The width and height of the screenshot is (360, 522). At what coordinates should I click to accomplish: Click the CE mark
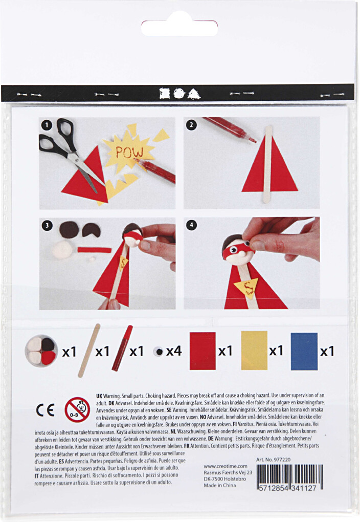pos(45,410)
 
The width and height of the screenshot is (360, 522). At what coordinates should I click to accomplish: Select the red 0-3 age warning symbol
pos(77,410)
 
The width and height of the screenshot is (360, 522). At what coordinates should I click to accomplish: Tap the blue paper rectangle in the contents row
pos(304,351)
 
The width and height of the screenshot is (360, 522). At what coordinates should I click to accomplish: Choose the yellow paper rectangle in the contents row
pos(254,351)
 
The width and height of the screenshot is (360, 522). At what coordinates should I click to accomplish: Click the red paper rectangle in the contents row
pos(202,351)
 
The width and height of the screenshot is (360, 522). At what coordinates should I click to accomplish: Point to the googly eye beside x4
pos(159,352)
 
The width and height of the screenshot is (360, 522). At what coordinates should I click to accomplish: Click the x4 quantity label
pos(173,352)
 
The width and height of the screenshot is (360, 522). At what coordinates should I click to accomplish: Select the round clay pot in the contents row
pos(41,351)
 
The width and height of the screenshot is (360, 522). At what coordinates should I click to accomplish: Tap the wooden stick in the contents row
pos(89,351)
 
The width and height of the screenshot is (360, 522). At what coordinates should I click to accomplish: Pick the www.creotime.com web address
pos(225,466)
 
